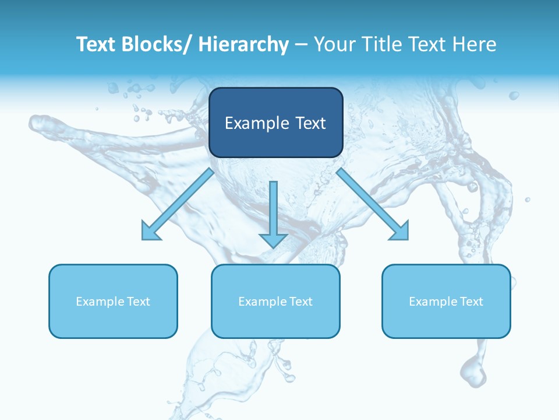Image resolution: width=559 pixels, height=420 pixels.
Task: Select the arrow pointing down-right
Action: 373,205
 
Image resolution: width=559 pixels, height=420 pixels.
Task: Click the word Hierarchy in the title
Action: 243,44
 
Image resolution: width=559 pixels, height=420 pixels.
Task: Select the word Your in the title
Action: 332,44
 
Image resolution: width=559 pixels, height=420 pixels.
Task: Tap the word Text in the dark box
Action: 309,124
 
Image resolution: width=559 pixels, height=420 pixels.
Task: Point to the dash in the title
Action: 301,44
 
